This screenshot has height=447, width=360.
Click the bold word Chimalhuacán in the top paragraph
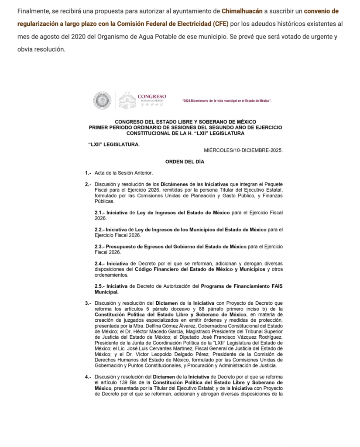click(241, 10)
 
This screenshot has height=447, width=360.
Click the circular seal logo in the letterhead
click(102, 100)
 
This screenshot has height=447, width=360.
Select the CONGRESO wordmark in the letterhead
click(152, 96)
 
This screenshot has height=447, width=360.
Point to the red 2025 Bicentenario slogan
click(227, 101)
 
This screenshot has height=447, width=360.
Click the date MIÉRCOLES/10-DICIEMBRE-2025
click(243, 150)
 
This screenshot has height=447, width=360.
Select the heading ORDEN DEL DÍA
click(185, 162)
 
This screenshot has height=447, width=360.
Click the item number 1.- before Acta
click(88, 173)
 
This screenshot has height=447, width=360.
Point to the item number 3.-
click(88, 303)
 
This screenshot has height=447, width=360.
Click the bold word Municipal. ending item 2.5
click(106, 292)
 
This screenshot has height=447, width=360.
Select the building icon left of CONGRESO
click(127, 100)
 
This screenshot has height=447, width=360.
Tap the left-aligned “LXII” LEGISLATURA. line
click(114, 144)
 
